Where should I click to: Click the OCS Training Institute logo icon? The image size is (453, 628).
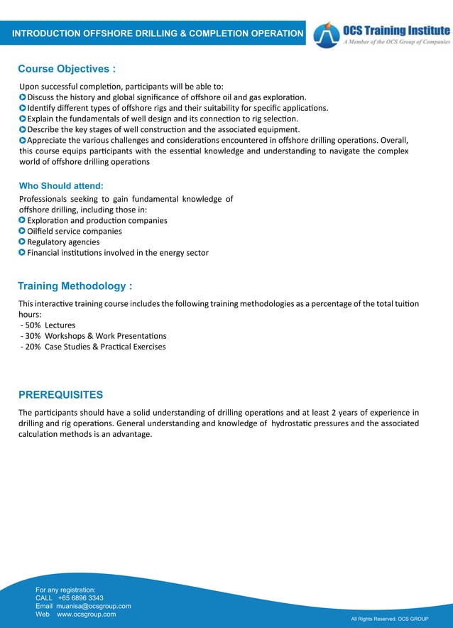point(327,34)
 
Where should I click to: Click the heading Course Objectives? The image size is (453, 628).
point(67,70)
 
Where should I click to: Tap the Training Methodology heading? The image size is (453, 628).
point(75,286)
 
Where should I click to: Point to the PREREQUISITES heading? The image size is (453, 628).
point(60,395)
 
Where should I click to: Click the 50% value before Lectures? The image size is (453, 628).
point(33,325)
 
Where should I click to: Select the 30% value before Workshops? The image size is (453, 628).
point(33,336)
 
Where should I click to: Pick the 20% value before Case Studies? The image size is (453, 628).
point(33,347)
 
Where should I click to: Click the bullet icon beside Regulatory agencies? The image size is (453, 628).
point(22,242)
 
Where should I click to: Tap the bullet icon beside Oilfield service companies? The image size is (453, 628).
point(22,231)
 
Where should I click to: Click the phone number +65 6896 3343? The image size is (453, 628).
point(80,598)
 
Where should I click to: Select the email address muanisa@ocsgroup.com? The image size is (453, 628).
point(93,606)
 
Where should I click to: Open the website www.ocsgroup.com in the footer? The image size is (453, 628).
point(86,614)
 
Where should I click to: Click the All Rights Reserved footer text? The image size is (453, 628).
point(389,619)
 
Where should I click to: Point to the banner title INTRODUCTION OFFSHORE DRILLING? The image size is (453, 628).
point(157,33)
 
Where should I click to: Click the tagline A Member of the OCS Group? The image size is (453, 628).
point(396,43)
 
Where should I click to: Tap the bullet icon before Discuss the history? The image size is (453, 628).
point(22,97)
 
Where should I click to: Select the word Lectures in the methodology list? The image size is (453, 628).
point(60,325)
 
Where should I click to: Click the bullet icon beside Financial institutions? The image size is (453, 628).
point(22,253)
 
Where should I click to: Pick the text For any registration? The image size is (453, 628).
point(65,590)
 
